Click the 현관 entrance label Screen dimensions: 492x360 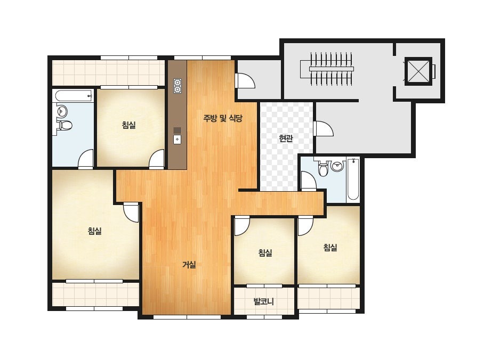286,138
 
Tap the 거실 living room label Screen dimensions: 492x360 189,265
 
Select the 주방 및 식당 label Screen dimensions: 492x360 223,118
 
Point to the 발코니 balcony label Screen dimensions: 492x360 263,301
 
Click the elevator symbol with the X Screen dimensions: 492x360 418,71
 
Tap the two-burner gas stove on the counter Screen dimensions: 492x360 178,86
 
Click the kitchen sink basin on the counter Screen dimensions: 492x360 178,139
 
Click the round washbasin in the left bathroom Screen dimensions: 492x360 62,111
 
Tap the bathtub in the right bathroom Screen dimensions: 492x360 353,179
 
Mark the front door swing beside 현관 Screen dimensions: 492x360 324,128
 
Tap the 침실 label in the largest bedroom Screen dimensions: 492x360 95,232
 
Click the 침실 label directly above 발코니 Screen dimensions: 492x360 265,252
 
